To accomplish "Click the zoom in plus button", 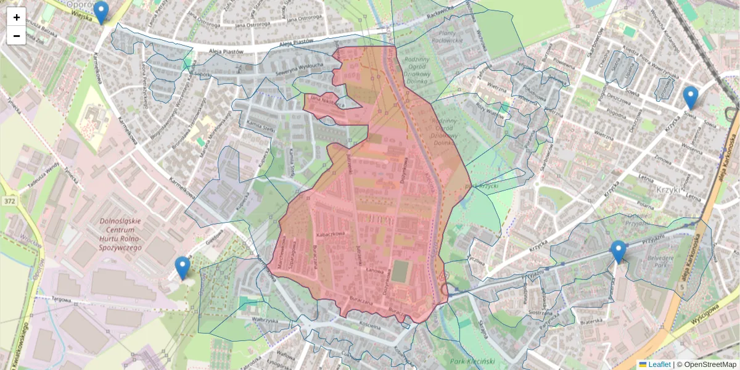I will [x=16, y=17].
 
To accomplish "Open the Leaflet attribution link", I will [x=659, y=364].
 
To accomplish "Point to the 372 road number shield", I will [x=9, y=201].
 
